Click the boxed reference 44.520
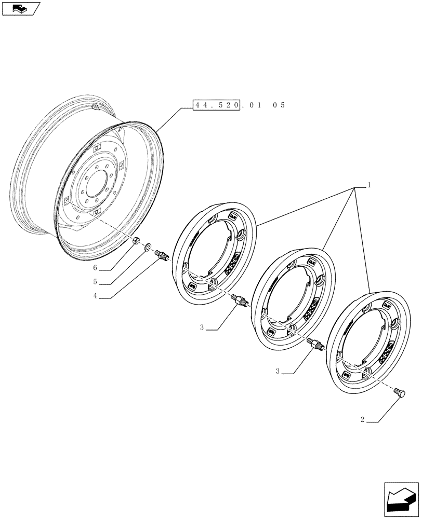[x=216, y=105]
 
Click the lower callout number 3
[x=278, y=372]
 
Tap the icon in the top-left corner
[x=21, y=8]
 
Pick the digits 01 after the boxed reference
[x=254, y=105]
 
